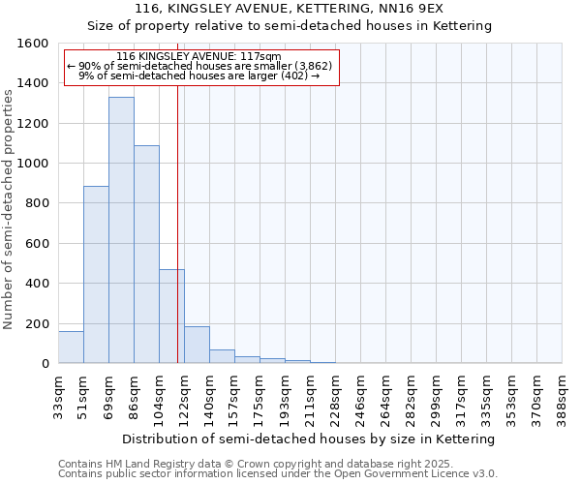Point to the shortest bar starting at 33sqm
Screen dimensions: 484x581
[71, 348]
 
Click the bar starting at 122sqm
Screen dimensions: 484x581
[197, 345]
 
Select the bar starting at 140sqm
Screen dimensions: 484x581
[222, 356]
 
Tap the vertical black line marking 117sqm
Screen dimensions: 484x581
[178, 223]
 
